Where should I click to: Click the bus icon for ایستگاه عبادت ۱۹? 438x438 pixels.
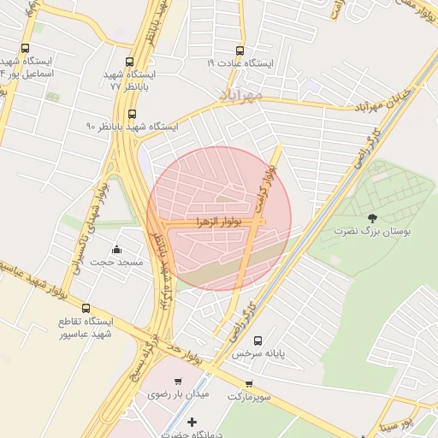click(x=239, y=50)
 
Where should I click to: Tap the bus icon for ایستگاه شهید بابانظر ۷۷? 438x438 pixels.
click(x=130, y=62)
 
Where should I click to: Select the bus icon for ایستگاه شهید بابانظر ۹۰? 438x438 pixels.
click(x=131, y=113)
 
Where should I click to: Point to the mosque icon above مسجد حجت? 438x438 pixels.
click(x=116, y=249)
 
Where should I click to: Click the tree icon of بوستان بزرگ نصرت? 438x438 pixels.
click(x=371, y=218)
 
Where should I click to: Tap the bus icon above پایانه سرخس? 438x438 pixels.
click(x=257, y=340)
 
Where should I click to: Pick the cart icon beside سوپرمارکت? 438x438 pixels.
click(x=249, y=384)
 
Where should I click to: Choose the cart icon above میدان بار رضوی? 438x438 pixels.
click(x=178, y=382)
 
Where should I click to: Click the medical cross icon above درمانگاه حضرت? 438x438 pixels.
click(x=191, y=423)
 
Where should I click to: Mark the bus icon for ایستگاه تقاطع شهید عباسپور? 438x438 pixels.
click(x=86, y=307)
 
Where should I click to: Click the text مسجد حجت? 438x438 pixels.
click(x=109, y=262)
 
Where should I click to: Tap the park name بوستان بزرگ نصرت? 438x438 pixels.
click(x=373, y=232)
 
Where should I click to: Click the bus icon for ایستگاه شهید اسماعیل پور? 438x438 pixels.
click(x=24, y=49)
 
